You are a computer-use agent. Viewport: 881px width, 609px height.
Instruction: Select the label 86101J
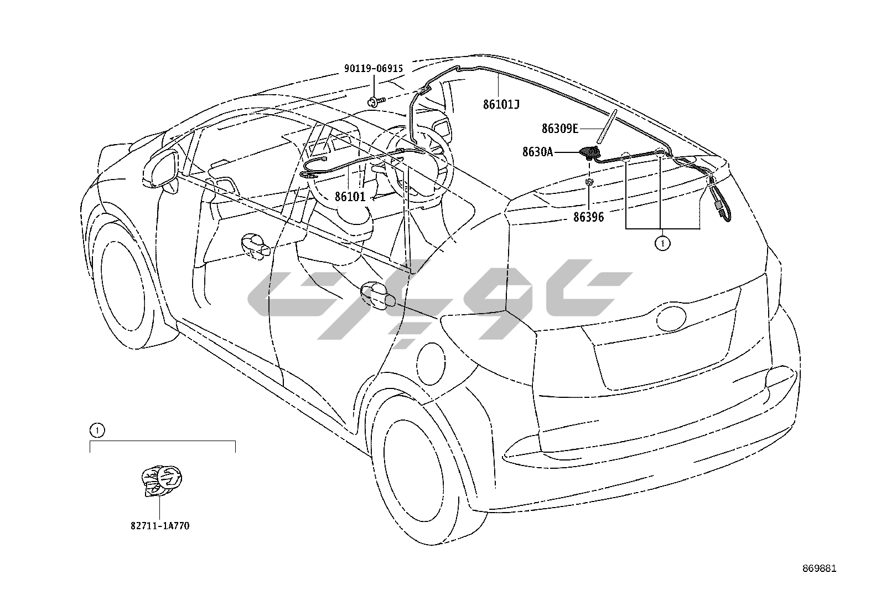click(501, 104)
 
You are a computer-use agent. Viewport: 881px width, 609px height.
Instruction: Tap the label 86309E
click(559, 129)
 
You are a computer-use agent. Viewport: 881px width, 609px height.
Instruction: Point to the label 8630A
click(537, 151)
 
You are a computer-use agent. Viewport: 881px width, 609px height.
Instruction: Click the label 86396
click(588, 217)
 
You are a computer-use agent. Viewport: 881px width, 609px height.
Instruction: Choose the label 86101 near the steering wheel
click(350, 196)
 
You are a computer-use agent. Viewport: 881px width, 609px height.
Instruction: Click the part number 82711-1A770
click(160, 526)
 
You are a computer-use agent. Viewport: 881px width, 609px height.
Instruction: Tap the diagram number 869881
click(820, 569)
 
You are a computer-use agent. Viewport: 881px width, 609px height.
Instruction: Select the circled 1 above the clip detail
click(97, 429)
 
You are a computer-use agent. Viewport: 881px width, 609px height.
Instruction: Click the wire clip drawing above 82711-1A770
click(162, 480)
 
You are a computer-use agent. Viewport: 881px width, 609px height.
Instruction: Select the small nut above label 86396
click(589, 181)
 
